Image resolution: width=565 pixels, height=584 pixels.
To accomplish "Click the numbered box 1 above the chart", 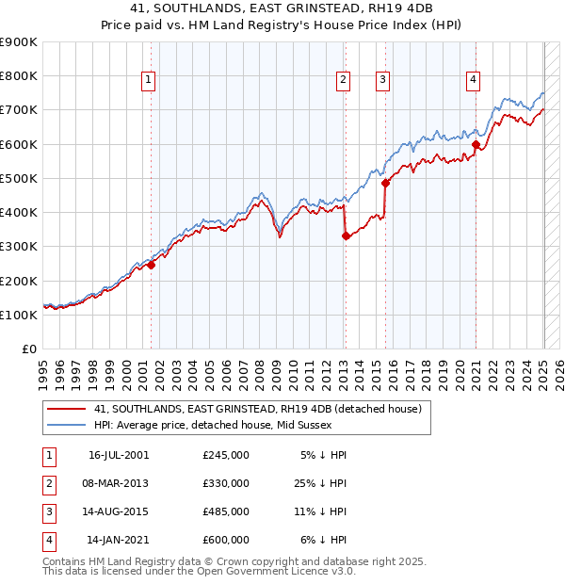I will [x=149, y=81].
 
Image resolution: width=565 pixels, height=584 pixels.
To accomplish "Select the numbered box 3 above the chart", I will [x=383, y=81].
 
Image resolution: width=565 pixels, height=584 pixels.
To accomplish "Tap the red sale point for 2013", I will [x=346, y=236].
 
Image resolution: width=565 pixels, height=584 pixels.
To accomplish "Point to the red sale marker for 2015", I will [x=386, y=184].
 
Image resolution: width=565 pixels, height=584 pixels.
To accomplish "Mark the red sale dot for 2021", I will [x=476, y=144].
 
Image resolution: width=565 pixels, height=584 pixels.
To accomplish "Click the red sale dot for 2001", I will [x=152, y=265].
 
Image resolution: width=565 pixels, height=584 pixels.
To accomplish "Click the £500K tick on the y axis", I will [x=19, y=178].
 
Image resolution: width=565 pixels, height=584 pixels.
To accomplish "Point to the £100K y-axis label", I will [x=19, y=315].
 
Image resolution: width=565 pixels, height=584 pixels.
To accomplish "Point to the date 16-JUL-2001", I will [x=119, y=455].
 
